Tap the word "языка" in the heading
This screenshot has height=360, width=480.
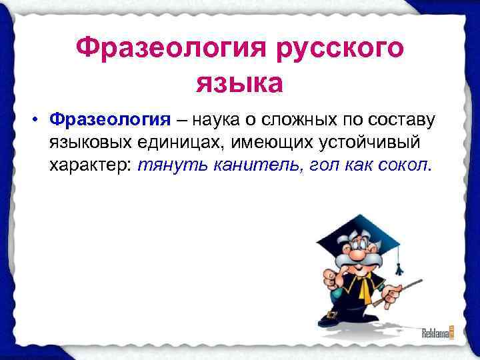pos(239,84)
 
